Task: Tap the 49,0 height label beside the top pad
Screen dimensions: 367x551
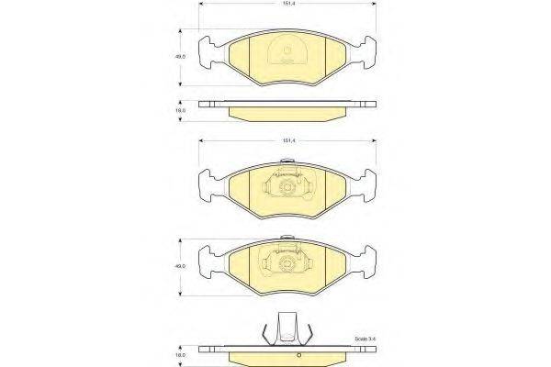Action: pyautogui.click(x=182, y=56)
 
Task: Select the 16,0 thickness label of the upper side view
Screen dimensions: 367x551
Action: pyautogui.click(x=182, y=110)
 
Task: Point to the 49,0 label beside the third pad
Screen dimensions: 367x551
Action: pyautogui.click(x=182, y=266)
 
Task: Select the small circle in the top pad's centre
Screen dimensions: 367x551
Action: pyautogui.click(x=288, y=50)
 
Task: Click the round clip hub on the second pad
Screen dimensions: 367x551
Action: pyautogui.click(x=287, y=186)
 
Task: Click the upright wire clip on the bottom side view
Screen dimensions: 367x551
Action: pyautogui.click(x=287, y=328)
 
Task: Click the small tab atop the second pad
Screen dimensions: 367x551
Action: pyautogui.click(x=287, y=164)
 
